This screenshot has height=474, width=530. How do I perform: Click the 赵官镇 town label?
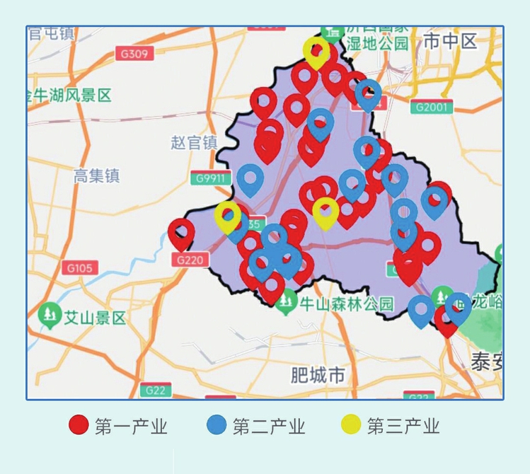(193, 143)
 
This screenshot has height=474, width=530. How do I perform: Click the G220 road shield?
(190, 260)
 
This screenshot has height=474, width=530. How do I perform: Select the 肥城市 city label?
(318, 374)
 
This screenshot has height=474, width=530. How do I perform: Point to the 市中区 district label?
(451, 42)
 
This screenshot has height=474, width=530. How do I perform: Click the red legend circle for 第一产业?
(79, 425)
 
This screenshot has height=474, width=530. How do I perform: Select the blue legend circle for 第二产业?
(217, 425)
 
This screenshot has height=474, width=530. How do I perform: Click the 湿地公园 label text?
(377, 44)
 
